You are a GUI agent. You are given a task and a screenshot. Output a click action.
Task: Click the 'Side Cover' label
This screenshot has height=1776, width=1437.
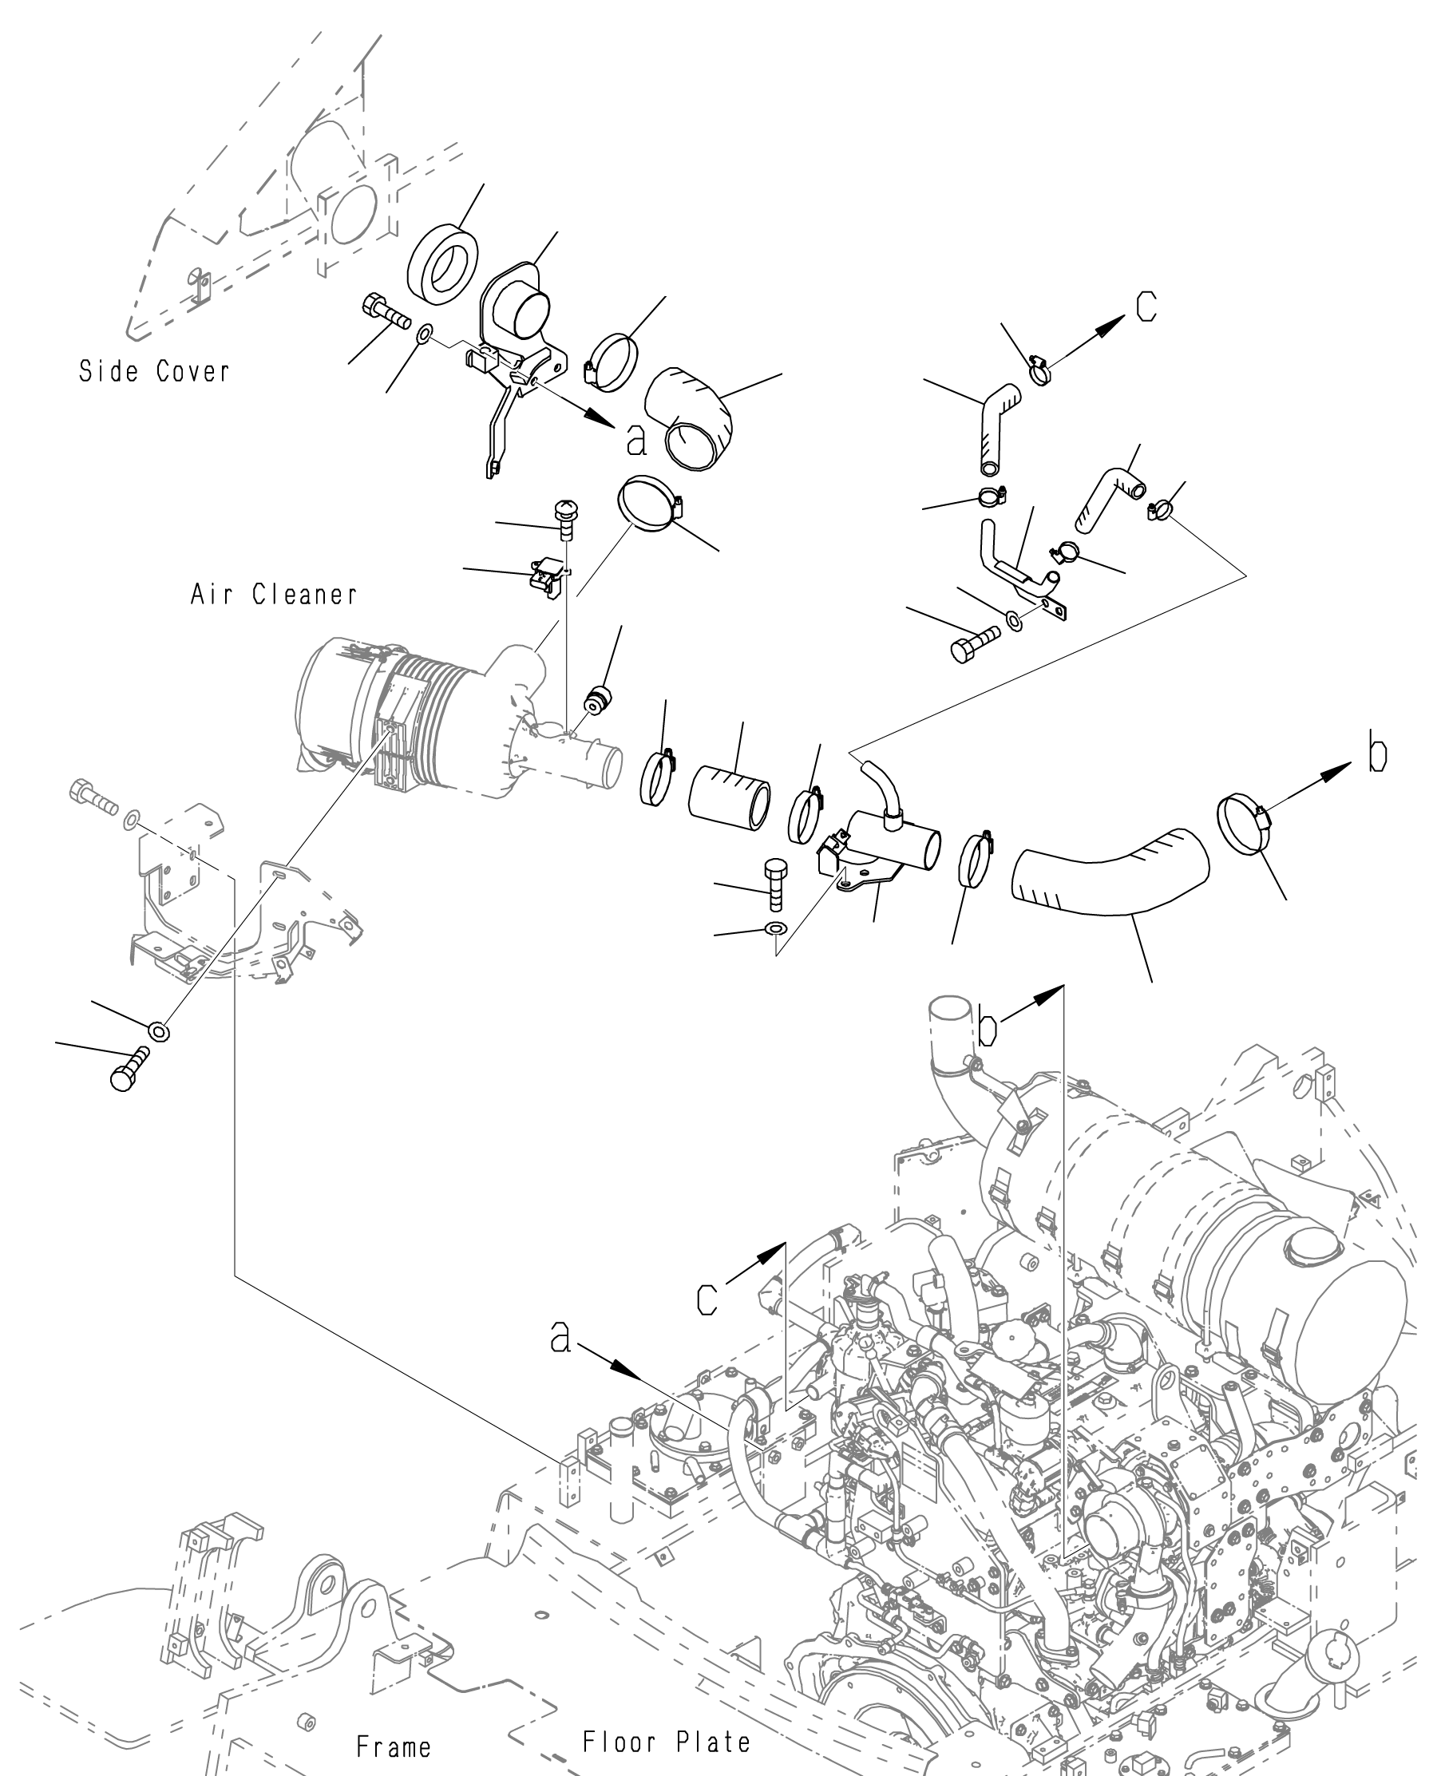tap(154, 370)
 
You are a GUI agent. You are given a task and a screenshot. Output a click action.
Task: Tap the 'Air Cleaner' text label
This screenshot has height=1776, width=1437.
tap(274, 593)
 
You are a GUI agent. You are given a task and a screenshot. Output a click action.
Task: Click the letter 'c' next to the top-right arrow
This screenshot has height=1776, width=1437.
tap(1146, 306)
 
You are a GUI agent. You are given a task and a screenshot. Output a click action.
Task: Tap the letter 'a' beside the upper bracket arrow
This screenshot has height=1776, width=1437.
tap(635, 441)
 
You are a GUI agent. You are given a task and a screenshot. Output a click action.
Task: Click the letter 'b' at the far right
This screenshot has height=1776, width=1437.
tap(1377, 755)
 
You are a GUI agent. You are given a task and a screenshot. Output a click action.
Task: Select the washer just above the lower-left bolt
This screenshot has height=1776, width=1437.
tap(158, 1031)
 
